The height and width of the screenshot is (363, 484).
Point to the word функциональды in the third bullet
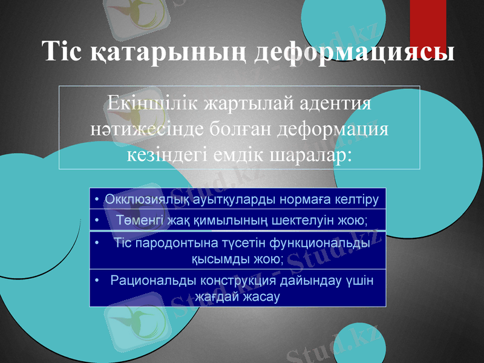coord(315,244)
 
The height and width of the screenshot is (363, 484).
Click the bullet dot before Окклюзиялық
coord(97,200)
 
